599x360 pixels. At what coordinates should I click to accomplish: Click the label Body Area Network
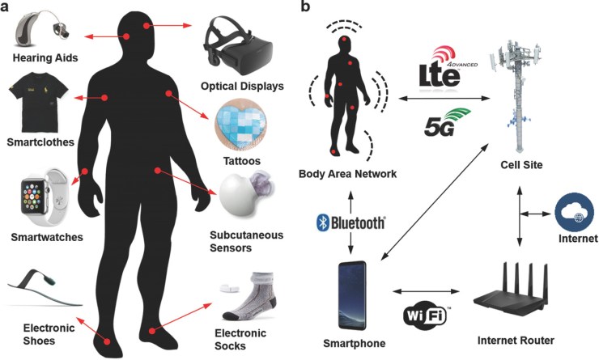(340, 174)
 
